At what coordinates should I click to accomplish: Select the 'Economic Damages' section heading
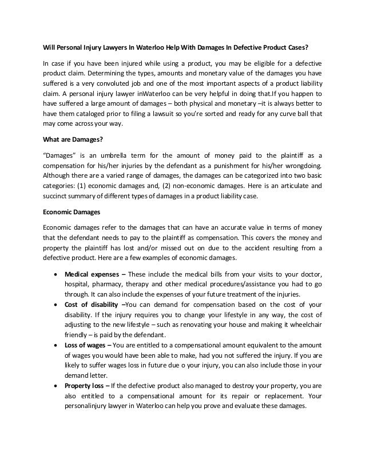[x=73, y=211]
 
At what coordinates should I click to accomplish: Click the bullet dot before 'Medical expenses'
[x=55, y=275]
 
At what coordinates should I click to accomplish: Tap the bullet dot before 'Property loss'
[x=55, y=387]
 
